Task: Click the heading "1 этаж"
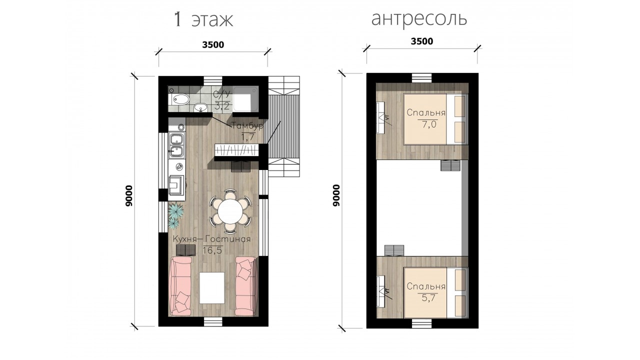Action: click(203, 19)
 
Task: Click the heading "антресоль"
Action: click(419, 18)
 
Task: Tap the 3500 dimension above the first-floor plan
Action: click(213, 45)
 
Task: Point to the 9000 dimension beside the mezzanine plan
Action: click(337, 195)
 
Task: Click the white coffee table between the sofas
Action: click(212, 288)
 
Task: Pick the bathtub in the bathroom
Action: click(180, 99)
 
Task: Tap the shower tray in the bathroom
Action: click(245, 99)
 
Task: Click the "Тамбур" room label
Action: click(247, 125)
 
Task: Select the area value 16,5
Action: click(212, 250)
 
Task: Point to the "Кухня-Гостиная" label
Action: click(211, 239)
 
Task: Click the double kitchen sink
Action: click(176, 145)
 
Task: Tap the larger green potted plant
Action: click(175, 210)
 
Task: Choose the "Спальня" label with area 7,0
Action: click(426, 112)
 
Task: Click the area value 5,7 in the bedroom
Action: click(428, 298)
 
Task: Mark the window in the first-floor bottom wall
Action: click(213, 321)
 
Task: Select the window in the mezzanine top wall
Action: click(421, 77)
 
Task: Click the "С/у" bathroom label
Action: click(221, 94)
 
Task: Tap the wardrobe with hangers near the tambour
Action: click(236, 149)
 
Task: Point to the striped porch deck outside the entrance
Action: click(284, 126)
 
